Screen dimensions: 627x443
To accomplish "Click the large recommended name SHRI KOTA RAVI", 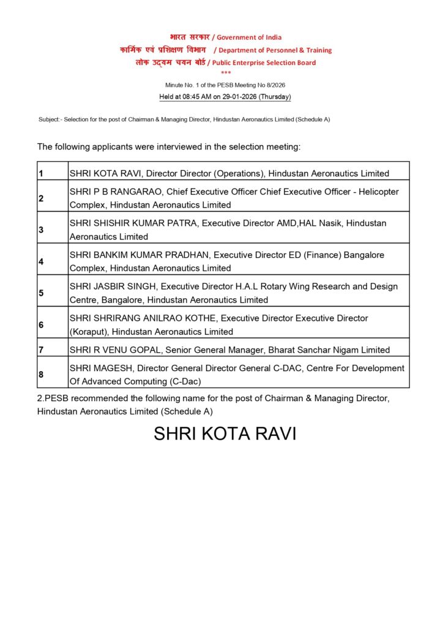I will pyautogui.click(x=225, y=434).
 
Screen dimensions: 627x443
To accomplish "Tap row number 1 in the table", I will pyautogui.click(x=40, y=174).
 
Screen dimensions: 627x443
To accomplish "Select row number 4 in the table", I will pyautogui.click(x=41, y=261).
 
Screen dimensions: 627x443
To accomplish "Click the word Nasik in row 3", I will pyautogui.click(x=330, y=223).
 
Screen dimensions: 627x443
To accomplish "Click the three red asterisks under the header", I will pyautogui.click(x=226, y=73).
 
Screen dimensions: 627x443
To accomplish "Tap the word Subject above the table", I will pyautogui.click(x=49, y=119).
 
